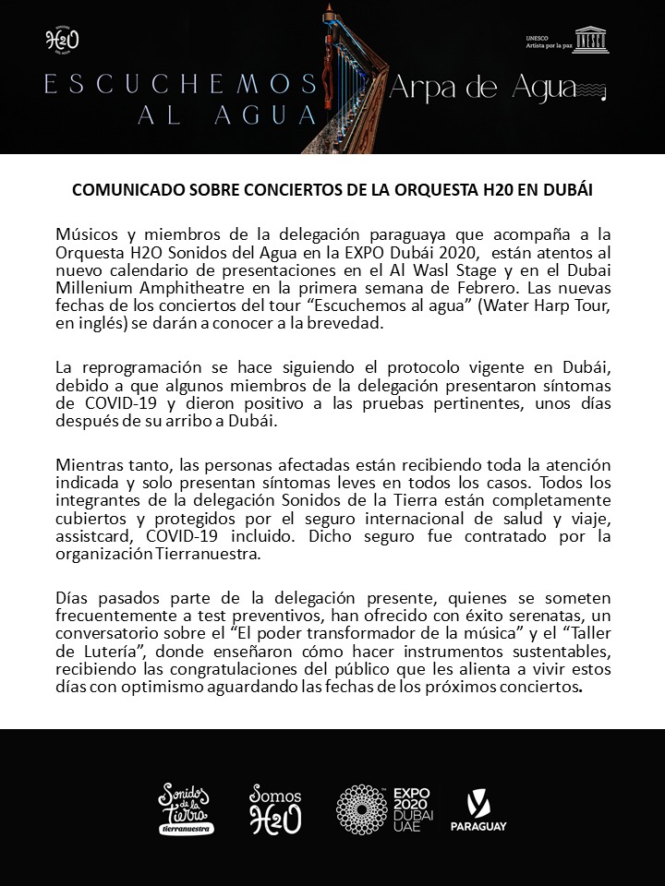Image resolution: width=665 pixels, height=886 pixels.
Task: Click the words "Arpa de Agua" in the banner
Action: click(493, 88)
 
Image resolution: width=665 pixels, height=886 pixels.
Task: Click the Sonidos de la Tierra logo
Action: click(187, 808)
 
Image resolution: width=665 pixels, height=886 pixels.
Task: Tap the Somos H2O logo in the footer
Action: click(274, 809)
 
